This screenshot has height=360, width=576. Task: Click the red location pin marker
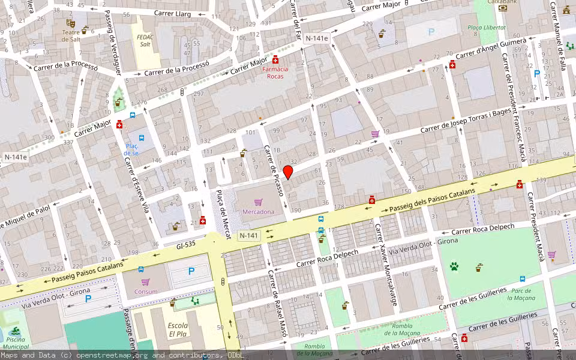288,172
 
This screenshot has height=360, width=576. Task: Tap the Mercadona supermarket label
258,212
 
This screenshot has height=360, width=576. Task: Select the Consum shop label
145,292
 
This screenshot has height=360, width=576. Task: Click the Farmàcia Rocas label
275,73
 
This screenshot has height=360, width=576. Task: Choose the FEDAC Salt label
145,40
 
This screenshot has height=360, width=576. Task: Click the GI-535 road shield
187,245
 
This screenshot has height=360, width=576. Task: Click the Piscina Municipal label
14,343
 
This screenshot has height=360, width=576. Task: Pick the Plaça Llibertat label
487,28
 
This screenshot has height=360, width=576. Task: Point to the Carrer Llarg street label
172,13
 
